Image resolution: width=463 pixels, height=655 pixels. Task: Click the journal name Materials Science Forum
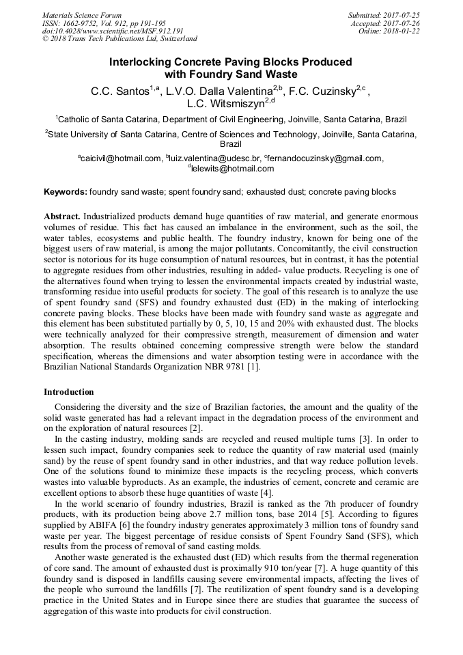[82, 15]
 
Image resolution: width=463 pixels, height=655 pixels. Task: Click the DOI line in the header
[113, 31]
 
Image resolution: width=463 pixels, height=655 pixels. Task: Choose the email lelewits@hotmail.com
[233, 169]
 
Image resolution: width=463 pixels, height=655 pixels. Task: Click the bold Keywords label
[66, 192]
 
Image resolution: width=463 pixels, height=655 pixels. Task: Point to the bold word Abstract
[62, 215]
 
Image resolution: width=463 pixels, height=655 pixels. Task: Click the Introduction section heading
[69, 392]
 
